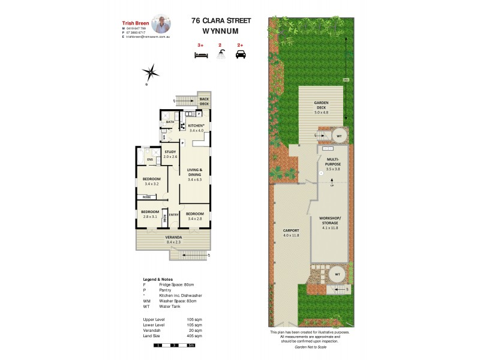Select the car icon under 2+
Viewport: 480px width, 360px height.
241,55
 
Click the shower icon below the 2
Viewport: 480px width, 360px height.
220,55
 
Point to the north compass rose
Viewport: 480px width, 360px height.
151,74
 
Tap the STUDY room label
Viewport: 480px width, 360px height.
170,152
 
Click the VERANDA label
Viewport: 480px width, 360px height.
175,238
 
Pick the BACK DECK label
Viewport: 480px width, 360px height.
204,101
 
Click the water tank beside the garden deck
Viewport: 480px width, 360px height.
339,135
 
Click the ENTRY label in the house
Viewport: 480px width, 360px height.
173,214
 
